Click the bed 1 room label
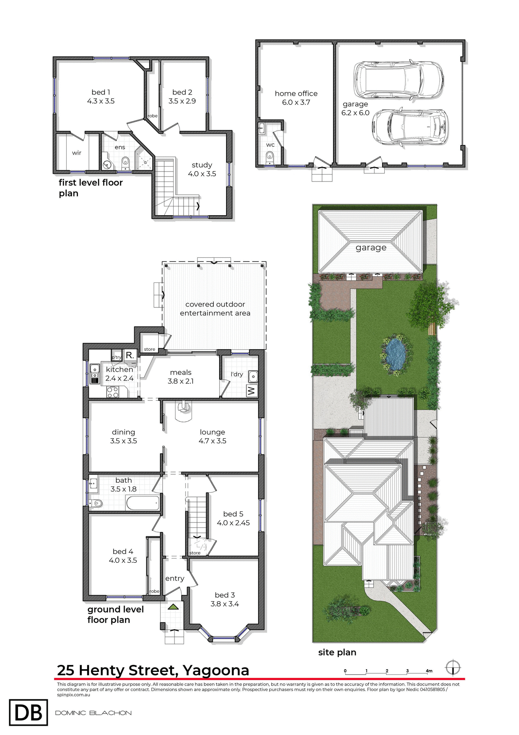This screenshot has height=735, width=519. (101, 92)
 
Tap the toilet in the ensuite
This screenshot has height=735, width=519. (125, 163)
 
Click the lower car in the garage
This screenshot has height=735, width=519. (410, 127)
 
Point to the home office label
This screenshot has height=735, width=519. (296, 93)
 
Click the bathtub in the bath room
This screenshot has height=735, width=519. (143, 503)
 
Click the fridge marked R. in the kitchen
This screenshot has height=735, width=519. (130, 355)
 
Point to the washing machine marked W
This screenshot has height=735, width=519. (252, 391)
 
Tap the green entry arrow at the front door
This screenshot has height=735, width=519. (173, 606)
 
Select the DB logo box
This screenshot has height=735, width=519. (28, 712)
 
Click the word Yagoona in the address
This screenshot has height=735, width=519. (216, 670)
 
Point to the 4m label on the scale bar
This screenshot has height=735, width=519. (429, 671)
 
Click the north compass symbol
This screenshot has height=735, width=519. (453, 668)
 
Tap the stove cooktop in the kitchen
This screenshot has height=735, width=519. (112, 392)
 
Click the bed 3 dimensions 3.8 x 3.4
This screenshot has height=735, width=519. (225, 604)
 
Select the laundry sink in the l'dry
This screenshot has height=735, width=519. (253, 377)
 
